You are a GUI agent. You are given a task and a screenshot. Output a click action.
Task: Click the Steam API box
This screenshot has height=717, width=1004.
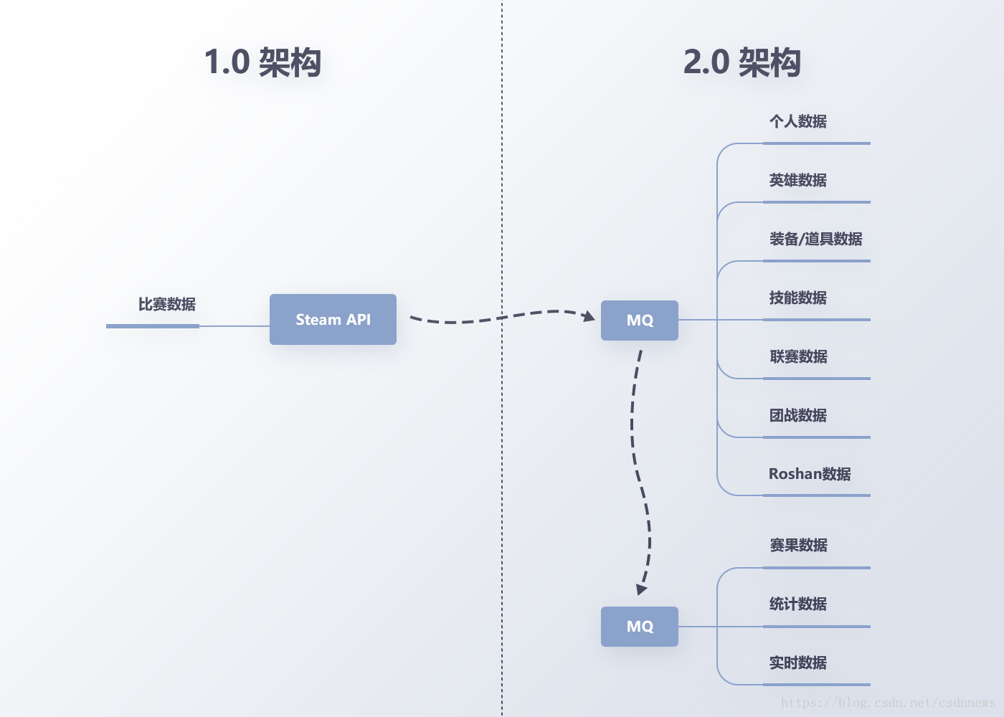(x=333, y=320)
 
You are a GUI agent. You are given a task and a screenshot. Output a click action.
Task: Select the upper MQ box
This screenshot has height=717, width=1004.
(x=639, y=320)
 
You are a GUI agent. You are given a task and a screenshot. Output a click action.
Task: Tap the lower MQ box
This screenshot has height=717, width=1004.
(x=639, y=627)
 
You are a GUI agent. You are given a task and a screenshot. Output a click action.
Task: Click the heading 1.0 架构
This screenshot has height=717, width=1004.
(x=262, y=62)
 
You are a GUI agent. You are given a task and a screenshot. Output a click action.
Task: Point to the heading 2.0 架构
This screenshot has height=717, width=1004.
(x=742, y=62)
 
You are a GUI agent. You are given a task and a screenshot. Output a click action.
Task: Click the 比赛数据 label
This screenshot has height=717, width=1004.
(x=166, y=305)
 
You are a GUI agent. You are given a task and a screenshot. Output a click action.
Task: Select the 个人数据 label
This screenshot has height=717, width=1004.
(x=797, y=121)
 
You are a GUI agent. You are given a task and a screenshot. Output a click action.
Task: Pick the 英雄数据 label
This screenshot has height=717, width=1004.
(x=797, y=180)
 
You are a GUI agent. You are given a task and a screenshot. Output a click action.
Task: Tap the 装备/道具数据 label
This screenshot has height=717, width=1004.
(x=815, y=239)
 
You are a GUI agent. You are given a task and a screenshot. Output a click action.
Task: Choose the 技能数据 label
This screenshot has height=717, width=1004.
(x=797, y=298)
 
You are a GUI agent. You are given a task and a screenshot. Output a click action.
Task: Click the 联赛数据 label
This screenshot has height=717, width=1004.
(x=798, y=356)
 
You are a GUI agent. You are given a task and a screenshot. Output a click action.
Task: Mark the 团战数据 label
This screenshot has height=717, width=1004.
(x=797, y=415)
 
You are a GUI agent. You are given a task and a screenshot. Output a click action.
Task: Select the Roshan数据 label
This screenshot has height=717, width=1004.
(x=810, y=474)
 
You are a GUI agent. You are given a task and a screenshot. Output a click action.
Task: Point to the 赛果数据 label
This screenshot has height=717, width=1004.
(x=798, y=546)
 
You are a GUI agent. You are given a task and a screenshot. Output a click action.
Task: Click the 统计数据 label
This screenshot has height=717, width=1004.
(x=797, y=604)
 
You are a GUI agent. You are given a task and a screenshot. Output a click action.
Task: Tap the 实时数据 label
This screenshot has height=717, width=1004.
(x=797, y=663)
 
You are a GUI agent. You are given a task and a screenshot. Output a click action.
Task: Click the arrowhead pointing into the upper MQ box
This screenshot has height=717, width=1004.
(x=589, y=316)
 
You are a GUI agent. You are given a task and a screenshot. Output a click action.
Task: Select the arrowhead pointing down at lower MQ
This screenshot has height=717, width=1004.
(x=641, y=589)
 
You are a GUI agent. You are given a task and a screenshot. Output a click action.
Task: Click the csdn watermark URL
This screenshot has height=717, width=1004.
(x=888, y=703)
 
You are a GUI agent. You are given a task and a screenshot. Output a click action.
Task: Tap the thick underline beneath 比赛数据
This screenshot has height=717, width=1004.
(x=153, y=326)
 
